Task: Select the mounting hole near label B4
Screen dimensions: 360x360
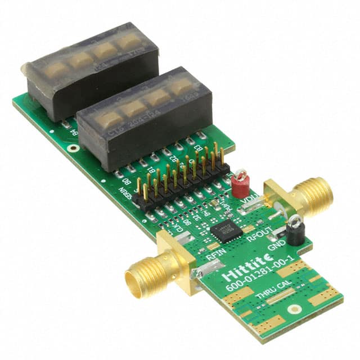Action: point(71,148)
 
